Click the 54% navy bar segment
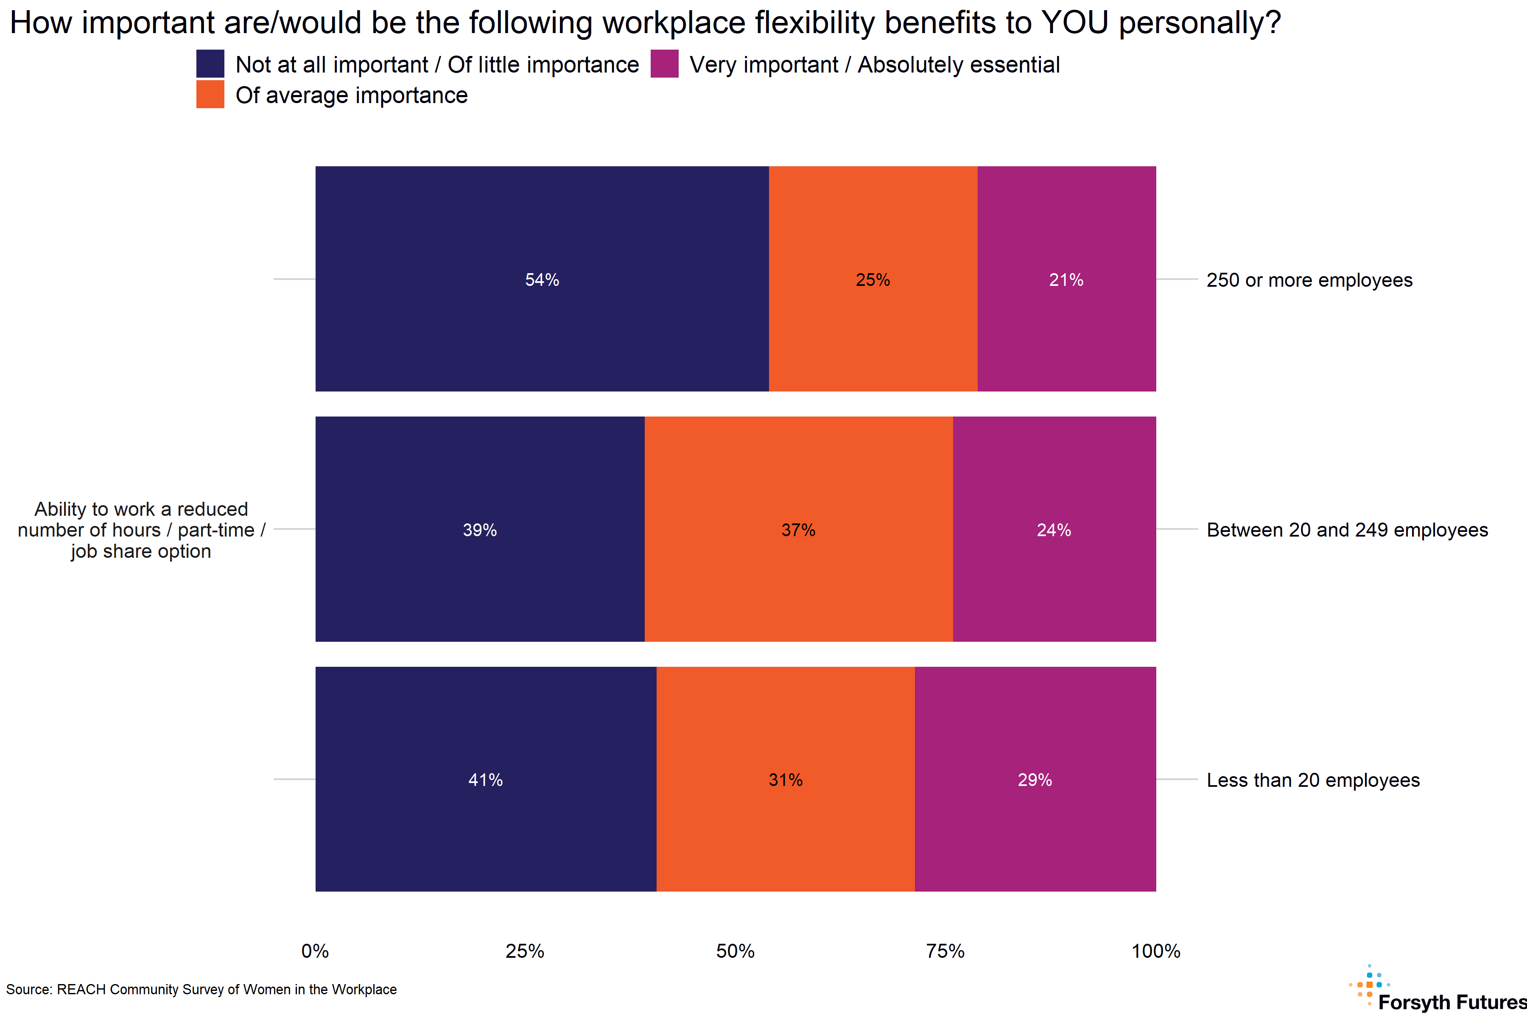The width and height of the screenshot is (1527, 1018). (x=542, y=279)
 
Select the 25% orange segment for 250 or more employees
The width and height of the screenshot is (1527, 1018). (x=873, y=279)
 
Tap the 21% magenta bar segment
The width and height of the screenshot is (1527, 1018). (x=1066, y=279)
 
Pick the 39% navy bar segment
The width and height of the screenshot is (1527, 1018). (x=480, y=529)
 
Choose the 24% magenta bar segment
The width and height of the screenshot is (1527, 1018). (x=1054, y=529)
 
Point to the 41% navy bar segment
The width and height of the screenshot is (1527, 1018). (x=486, y=779)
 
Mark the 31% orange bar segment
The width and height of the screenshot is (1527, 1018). (x=785, y=779)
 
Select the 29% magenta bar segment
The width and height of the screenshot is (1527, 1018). (x=1035, y=779)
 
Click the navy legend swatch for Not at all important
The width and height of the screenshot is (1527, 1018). (x=210, y=64)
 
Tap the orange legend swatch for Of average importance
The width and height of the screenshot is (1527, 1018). (x=210, y=94)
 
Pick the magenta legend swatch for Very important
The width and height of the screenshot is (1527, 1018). (x=664, y=64)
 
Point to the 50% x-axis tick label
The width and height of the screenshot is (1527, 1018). (x=735, y=951)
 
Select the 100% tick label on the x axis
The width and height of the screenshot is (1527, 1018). (x=1155, y=951)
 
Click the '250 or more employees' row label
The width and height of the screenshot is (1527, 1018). (x=1309, y=280)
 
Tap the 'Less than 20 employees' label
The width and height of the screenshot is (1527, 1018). (x=1313, y=780)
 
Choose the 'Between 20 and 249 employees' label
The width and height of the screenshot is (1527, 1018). (x=1346, y=530)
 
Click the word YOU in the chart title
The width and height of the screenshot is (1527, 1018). (x=1074, y=23)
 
